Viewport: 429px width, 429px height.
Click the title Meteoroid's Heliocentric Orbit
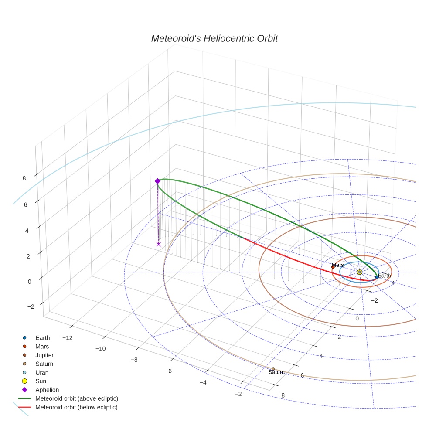click(214, 39)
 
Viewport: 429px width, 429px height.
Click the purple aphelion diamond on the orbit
click(157, 181)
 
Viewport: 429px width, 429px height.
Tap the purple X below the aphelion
click(158, 244)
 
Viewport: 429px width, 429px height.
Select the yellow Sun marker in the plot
click(359, 272)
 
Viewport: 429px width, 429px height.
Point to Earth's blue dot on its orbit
click(377, 277)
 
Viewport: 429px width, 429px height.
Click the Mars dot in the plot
click(333, 267)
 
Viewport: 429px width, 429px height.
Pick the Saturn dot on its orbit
click(273, 369)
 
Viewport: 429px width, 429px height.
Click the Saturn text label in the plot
click(276, 372)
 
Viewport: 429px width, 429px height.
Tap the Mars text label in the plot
click(337, 265)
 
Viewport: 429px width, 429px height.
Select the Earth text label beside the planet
click(384, 276)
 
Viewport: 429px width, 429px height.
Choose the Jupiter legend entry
click(44, 355)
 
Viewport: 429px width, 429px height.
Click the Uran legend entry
click(42, 373)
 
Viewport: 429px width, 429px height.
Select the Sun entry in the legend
click(41, 381)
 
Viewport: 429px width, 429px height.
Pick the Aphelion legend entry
click(47, 390)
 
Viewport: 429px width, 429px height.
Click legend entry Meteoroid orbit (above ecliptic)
click(77, 398)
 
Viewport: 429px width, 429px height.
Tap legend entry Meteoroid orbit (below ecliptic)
click(77, 407)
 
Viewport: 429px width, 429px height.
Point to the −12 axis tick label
click(67, 338)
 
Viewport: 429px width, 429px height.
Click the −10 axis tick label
click(101, 349)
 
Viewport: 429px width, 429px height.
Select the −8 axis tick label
click(134, 360)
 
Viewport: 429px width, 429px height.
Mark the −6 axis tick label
click(168, 371)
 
